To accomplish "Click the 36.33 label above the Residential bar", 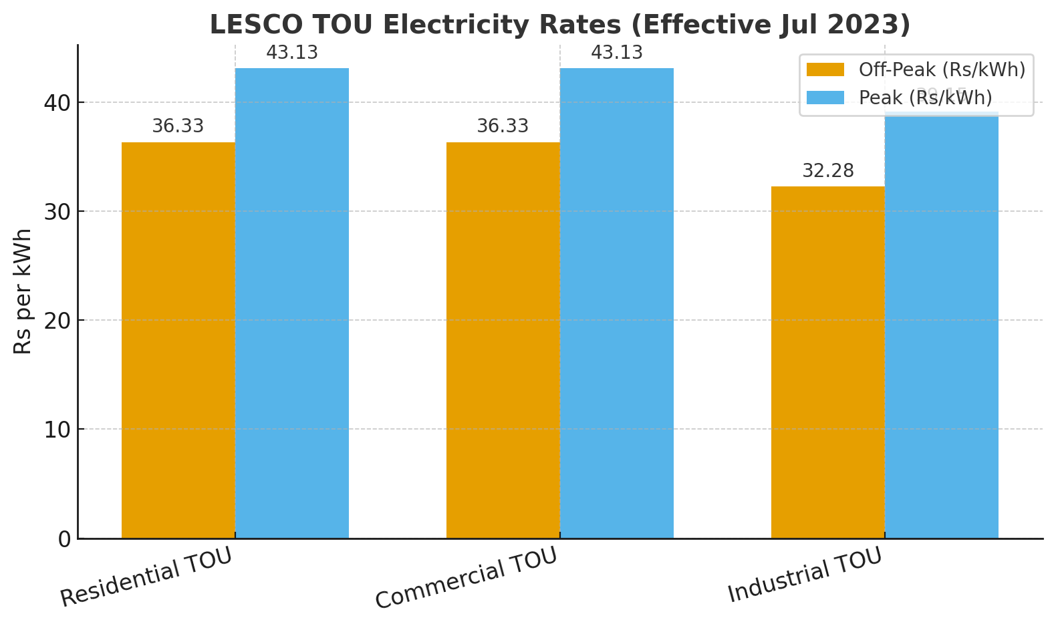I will [x=178, y=126].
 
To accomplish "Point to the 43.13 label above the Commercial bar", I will [x=616, y=53].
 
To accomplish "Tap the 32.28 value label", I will [x=827, y=171].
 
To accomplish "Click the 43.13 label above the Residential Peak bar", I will [x=291, y=53].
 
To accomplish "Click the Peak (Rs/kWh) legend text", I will [x=925, y=98].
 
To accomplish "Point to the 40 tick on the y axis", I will [x=58, y=103].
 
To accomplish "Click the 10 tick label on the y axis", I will [x=58, y=430].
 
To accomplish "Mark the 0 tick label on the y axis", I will [x=65, y=539].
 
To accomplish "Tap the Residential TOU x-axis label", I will [x=146, y=577].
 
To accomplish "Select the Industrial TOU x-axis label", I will [x=805, y=575].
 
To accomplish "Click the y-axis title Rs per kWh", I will [x=23, y=291].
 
